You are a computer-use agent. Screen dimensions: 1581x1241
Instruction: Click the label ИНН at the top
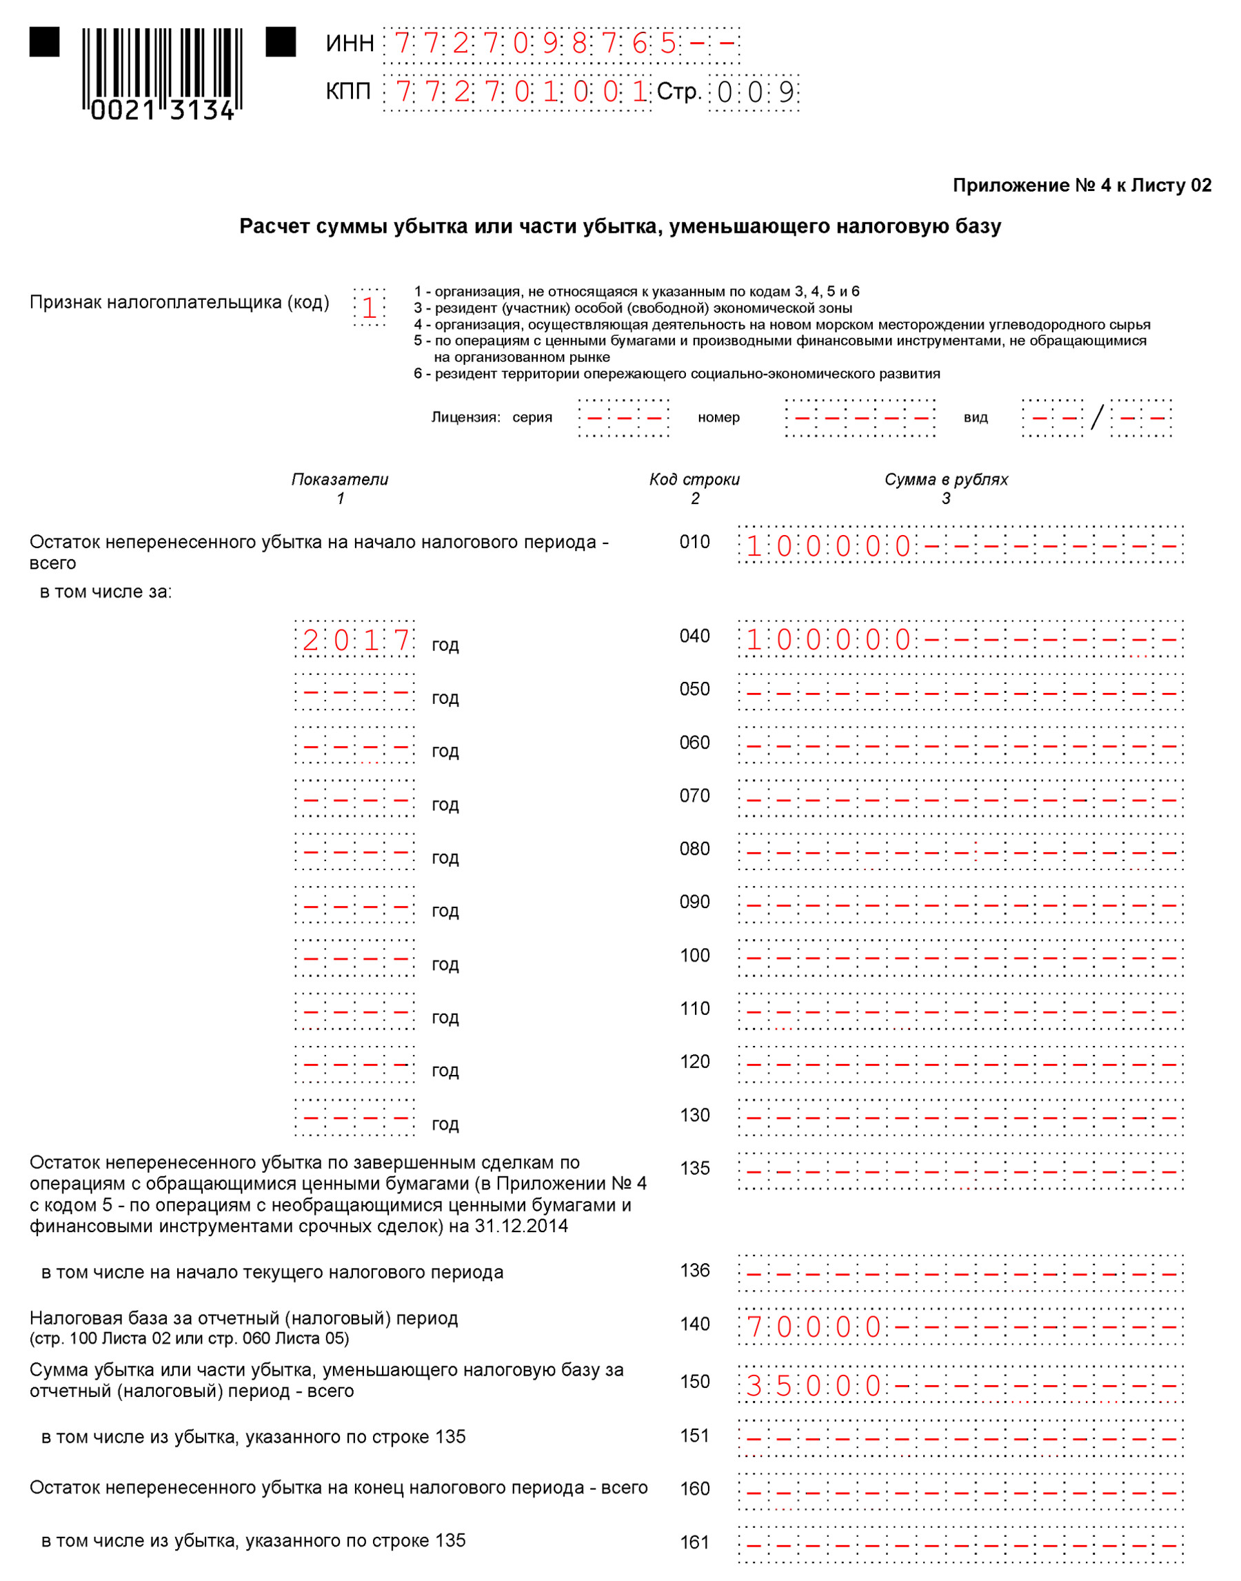click(x=350, y=44)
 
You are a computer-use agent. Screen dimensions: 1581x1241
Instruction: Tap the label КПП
click(x=348, y=92)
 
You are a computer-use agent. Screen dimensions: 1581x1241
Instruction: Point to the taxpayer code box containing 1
click(x=368, y=308)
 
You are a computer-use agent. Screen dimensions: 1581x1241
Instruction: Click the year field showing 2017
click(x=355, y=640)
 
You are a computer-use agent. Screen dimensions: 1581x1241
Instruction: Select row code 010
click(x=694, y=542)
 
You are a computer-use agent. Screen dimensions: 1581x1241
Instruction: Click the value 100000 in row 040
click(x=828, y=640)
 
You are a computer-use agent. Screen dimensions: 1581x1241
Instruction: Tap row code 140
click(x=694, y=1324)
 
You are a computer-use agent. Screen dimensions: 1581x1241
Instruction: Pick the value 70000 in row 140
click(x=814, y=1327)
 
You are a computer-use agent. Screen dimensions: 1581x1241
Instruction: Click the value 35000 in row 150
click(x=814, y=1386)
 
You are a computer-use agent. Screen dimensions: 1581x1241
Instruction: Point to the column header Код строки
click(x=694, y=479)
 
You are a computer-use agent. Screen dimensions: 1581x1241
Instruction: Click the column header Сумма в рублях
click(x=945, y=479)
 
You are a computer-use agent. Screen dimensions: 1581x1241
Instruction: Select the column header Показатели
click(x=340, y=479)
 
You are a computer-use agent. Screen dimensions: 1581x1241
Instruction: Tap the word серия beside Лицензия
click(x=532, y=418)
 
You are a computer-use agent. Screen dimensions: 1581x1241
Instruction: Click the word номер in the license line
click(x=718, y=418)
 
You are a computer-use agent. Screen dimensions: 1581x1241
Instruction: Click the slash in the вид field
click(x=1096, y=418)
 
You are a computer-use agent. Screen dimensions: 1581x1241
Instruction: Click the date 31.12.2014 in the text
click(x=521, y=1227)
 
